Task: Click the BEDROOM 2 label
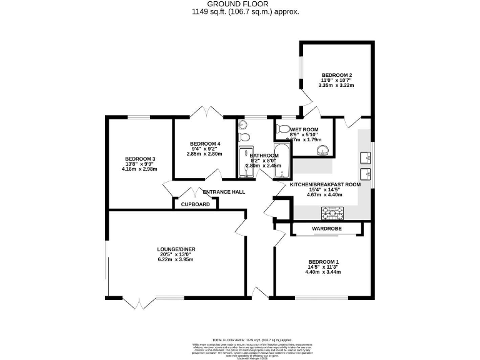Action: pos(336,73)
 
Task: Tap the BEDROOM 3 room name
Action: pos(140,159)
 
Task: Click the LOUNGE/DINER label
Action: pos(176,249)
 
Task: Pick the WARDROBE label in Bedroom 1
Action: pos(326,229)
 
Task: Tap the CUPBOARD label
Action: pos(195,204)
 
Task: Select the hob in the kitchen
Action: pos(332,214)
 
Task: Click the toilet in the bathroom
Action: pos(244,137)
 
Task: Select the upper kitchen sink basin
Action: pos(365,156)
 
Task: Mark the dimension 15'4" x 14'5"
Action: pos(325,189)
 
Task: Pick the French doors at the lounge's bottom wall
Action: pos(137,302)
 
